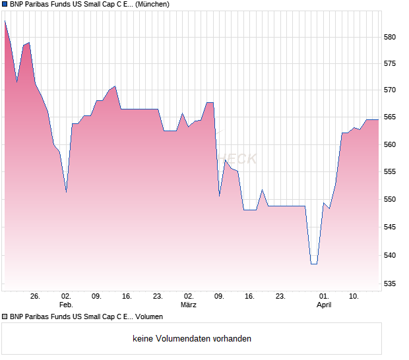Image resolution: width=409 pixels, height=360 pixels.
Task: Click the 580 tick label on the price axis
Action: coord(390,37)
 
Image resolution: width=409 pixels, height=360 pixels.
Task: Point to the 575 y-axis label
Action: coord(390,63)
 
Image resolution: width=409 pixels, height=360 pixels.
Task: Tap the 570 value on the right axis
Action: coord(390,90)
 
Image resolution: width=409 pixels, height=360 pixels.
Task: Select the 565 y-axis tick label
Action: coord(390,117)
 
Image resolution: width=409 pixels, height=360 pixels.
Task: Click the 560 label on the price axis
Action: coord(390,144)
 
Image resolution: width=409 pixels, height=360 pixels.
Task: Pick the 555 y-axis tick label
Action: coord(390,171)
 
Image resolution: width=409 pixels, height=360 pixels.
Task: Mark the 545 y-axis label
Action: coord(390,227)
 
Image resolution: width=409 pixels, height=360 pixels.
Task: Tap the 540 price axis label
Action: coord(390,255)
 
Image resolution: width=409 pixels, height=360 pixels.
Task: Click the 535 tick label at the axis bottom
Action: coord(390,284)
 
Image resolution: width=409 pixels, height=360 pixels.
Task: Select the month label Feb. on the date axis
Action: coord(66,305)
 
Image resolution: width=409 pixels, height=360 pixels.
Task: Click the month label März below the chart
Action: coord(189,305)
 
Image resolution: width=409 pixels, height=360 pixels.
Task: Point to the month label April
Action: coord(324,305)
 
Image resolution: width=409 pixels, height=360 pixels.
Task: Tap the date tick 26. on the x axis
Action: coord(35,297)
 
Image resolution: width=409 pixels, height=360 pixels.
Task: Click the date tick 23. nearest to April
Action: coord(280,297)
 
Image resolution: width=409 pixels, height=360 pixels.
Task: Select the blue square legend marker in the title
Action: coord(5,5)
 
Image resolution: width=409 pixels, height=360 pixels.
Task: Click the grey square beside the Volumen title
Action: coord(5,317)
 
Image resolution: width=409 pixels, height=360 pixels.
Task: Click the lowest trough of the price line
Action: coord(314,264)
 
